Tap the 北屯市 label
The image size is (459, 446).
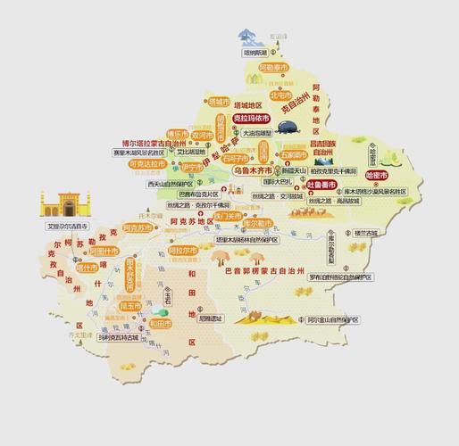[x=281, y=95]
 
